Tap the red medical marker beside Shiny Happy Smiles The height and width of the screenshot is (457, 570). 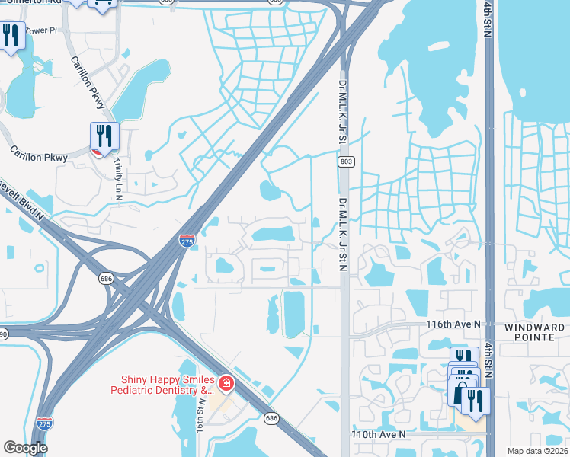[x=225, y=382]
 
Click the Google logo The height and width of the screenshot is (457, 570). [x=25, y=448]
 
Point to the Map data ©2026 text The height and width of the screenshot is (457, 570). [x=537, y=451]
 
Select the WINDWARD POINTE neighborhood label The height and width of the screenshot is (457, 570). [x=535, y=333]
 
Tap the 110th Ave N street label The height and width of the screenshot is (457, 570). [x=378, y=434]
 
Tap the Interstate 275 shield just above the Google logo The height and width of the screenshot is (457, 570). [x=45, y=423]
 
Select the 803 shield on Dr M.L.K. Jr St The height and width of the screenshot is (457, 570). [x=346, y=161]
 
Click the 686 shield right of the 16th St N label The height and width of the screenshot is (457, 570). [x=271, y=418]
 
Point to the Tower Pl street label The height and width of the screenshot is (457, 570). [x=41, y=30]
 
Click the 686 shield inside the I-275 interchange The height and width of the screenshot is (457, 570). [x=105, y=280]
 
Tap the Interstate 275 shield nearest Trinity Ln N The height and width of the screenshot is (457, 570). [x=187, y=241]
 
